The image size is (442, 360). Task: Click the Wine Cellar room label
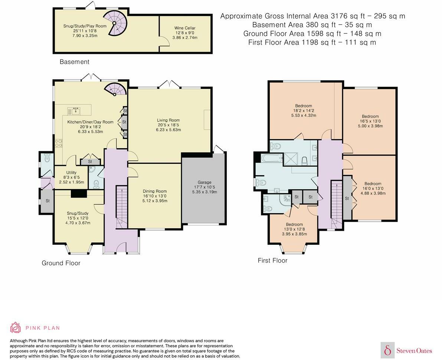(x=185, y=28)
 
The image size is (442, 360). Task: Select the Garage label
(x=204, y=182)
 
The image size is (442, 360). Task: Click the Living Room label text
(x=168, y=120)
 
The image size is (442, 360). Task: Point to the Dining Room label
(x=155, y=191)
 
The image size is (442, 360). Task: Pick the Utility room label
(x=71, y=172)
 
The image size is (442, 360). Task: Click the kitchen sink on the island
(x=76, y=111)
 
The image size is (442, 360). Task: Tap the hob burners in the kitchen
(x=59, y=143)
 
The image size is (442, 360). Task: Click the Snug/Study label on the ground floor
(x=78, y=213)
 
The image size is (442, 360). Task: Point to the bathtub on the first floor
(x=272, y=158)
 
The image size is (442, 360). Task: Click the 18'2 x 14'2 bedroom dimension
(x=304, y=111)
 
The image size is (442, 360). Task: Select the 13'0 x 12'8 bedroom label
(x=295, y=229)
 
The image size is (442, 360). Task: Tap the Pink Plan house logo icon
(x=16, y=328)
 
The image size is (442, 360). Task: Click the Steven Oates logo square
(x=388, y=350)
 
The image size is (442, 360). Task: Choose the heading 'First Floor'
(x=273, y=260)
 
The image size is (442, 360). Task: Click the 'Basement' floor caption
(x=75, y=62)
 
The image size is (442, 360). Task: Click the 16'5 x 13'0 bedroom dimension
(x=370, y=121)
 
